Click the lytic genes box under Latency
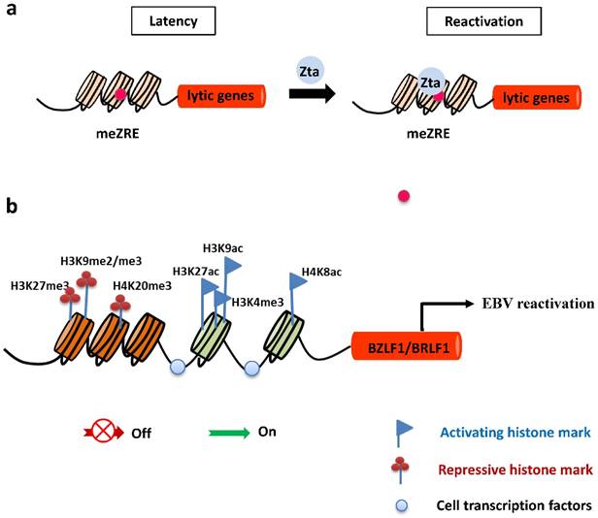[x=220, y=96]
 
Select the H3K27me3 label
[x=38, y=285]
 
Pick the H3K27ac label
[x=196, y=271]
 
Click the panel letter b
[x=11, y=206]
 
